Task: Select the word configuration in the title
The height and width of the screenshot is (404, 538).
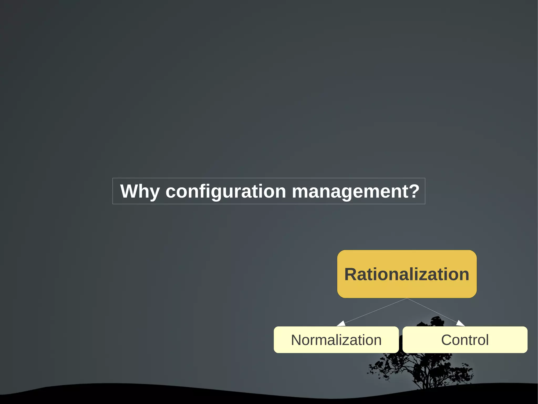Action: tap(226, 191)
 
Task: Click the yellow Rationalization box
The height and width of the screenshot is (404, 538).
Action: tap(407, 274)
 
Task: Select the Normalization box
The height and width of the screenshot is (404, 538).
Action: tap(336, 340)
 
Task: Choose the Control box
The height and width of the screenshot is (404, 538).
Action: tap(465, 340)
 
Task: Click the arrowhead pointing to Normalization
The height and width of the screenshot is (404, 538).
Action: tap(341, 324)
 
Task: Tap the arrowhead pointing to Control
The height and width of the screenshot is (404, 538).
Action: tap(460, 323)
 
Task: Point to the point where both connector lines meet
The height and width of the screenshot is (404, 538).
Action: tap(407, 298)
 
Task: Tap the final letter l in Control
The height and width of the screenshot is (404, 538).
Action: tap(487, 340)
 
